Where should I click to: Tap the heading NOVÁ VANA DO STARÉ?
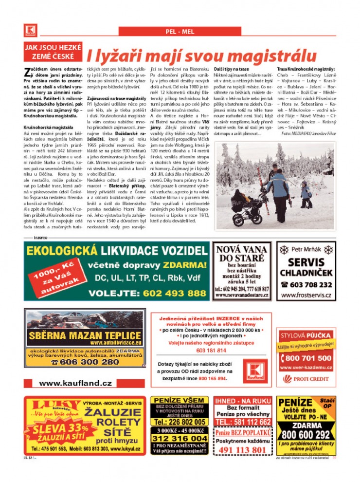(x=241, y=254)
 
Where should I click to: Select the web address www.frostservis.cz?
(x=306, y=296)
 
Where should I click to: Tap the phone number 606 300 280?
(x=85, y=362)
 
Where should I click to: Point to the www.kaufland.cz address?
(x=75, y=383)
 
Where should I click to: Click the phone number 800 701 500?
(x=306, y=358)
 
